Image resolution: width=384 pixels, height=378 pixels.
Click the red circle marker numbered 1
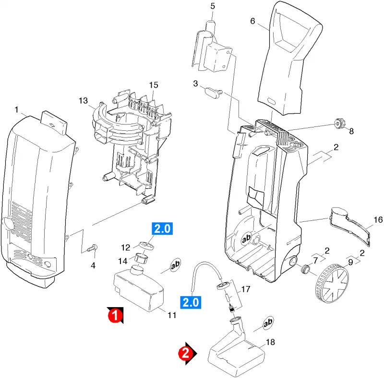(x=115, y=315)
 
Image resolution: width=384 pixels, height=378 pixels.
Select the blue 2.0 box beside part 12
(x=162, y=229)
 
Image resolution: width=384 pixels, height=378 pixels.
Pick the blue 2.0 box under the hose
(x=191, y=302)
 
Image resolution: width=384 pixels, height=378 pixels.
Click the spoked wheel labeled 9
(x=332, y=284)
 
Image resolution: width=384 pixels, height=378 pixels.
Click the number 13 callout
(x=83, y=101)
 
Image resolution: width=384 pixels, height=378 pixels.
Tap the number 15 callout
(x=154, y=85)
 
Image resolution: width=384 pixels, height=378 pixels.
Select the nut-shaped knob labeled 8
(x=338, y=123)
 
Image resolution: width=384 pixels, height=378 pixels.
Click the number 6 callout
(x=252, y=21)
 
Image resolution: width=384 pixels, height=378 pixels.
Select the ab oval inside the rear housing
(x=247, y=238)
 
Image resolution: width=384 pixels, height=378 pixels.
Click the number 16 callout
(x=378, y=219)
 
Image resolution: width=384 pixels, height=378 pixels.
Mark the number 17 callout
(x=246, y=289)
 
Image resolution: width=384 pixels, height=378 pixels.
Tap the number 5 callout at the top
(x=212, y=6)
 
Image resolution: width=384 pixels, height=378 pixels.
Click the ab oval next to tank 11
(x=175, y=265)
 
